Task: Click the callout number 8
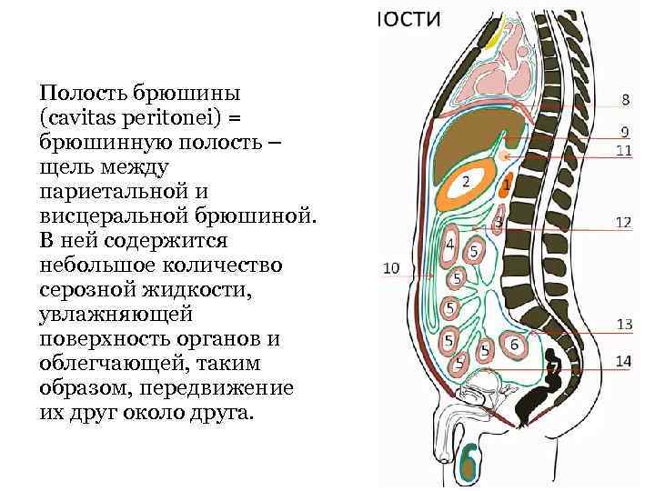(625, 99)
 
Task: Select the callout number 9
(625, 132)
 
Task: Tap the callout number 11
(624, 150)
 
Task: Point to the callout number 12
(624, 221)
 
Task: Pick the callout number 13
(624, 324)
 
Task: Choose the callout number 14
(624, 361)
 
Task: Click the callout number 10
(391, 268)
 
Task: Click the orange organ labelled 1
(506, 186)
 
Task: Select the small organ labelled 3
(498, 222)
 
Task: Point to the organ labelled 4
(449, 245)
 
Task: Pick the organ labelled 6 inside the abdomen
(514, 345)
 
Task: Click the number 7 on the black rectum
(554, 367)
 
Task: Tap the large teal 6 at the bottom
(469, 462)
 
